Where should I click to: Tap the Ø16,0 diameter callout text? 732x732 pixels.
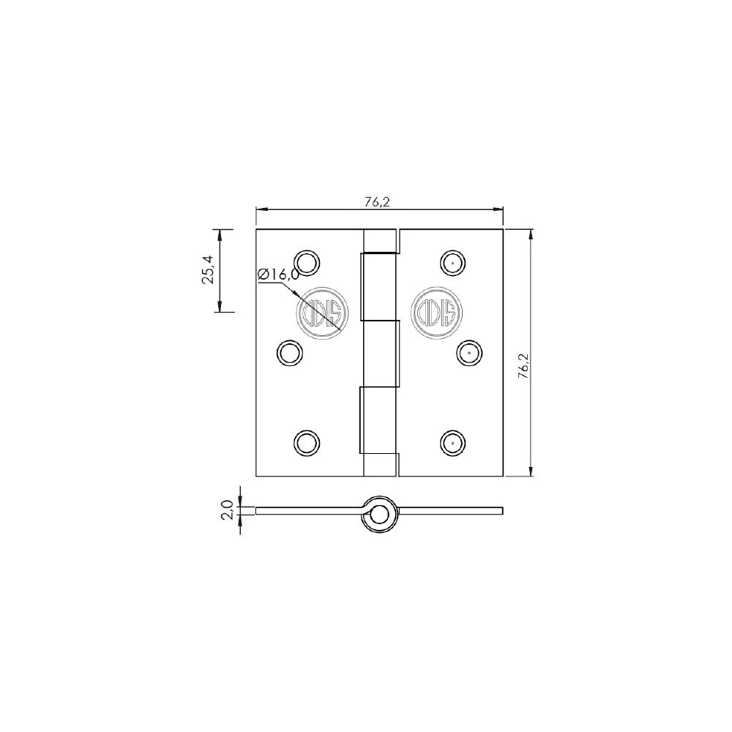point(278,274)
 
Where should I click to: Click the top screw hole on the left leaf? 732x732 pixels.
point(307,262)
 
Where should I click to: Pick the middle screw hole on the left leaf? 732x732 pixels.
point(290,353)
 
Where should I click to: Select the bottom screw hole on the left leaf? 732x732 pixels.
point(306,442)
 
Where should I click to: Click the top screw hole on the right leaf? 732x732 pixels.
point(452,262)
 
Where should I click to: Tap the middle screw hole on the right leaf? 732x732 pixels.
point(469,353)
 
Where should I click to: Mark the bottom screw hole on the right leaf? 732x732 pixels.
point(452,442)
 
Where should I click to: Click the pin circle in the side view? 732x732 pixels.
point(379,515)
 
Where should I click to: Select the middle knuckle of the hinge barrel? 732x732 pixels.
point(380,353)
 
